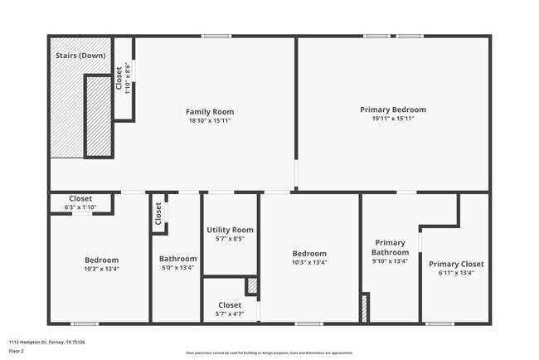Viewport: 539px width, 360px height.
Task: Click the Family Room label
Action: [209, 111]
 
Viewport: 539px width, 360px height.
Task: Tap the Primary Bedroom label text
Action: [392, 109]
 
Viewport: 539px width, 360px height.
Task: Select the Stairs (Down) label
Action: [80, 56]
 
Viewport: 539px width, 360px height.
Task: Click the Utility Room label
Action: [229, 230]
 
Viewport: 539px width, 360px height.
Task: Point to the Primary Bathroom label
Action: [390, 247]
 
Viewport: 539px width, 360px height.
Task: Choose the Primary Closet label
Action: [456, 264]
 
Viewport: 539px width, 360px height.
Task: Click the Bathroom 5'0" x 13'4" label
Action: [178, 259]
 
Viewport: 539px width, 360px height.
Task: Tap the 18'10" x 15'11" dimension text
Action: [209, 121]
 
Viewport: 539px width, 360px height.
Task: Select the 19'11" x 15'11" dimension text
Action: [392, 119]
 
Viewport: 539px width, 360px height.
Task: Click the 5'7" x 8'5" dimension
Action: [229, 239]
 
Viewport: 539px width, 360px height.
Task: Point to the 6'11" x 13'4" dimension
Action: [456, 273]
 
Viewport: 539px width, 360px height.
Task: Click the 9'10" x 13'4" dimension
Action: [390, 261]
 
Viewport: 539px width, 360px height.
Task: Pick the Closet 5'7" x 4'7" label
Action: [230, 304]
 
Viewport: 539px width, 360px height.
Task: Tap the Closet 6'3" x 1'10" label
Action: [80, 198]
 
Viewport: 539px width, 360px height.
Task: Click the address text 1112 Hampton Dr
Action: [46, 342]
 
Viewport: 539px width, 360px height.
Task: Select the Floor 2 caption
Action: [17, 351]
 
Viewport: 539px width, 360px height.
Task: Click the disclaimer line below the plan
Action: [269, 352]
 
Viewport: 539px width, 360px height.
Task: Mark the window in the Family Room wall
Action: [216, 36]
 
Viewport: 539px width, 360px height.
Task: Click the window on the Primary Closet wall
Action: [439, 323]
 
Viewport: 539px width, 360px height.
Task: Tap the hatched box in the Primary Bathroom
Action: [363, 308]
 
